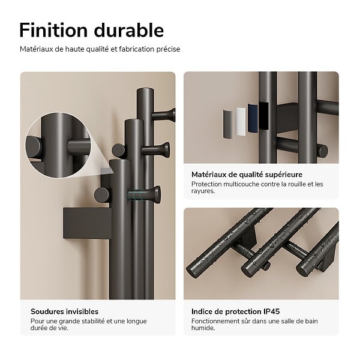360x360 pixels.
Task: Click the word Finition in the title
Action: (x=53, y=30)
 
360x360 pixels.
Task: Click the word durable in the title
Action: (x=129, y=30)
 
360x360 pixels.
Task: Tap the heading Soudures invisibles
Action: (x=65, y=311)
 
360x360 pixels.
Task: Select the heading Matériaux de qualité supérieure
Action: (x=247, y=175)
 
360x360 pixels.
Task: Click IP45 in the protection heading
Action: (x=271, y=311)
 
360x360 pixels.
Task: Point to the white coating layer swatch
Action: (x=241, y=121)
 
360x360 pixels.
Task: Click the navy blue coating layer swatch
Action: (x=253, y=118)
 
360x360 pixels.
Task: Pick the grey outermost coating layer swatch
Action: (x=228, y=124)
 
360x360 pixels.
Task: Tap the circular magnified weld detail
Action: (x=59, y=145)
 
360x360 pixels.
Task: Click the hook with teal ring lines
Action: (x=144, y=195)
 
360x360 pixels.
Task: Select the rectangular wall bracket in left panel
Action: (x=87, y=223)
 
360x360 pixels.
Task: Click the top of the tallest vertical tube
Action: (x=145, y=90)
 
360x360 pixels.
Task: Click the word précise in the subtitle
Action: (x=168, y=49)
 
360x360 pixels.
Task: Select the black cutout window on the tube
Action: (x=264, y=115)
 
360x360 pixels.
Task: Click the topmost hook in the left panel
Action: (x=163, y=115)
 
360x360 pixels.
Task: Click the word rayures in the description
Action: (x=203, y=191)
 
